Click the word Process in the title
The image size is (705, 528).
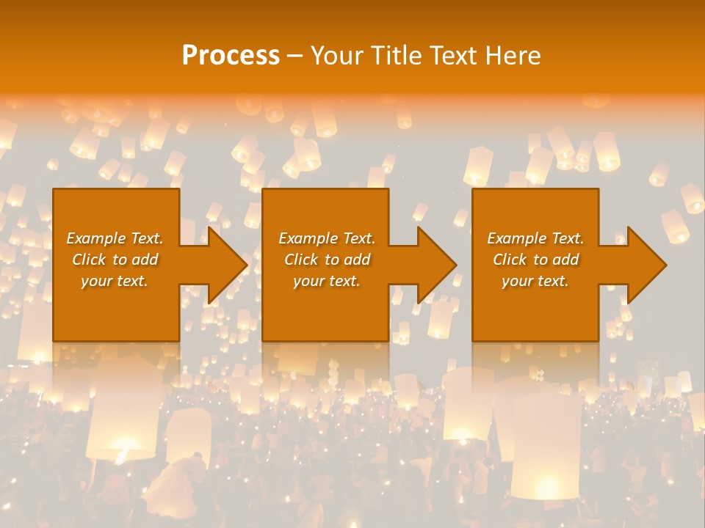231,56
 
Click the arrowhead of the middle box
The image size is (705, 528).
435,265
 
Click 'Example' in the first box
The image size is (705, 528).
96,238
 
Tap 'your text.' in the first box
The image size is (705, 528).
115,281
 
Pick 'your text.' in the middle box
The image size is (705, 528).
327,281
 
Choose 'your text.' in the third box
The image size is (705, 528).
535,281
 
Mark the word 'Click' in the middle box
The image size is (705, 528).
302,260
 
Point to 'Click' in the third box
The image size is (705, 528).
510,260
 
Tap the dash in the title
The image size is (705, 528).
295,56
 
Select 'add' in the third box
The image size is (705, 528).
565,260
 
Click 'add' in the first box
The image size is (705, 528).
145,260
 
